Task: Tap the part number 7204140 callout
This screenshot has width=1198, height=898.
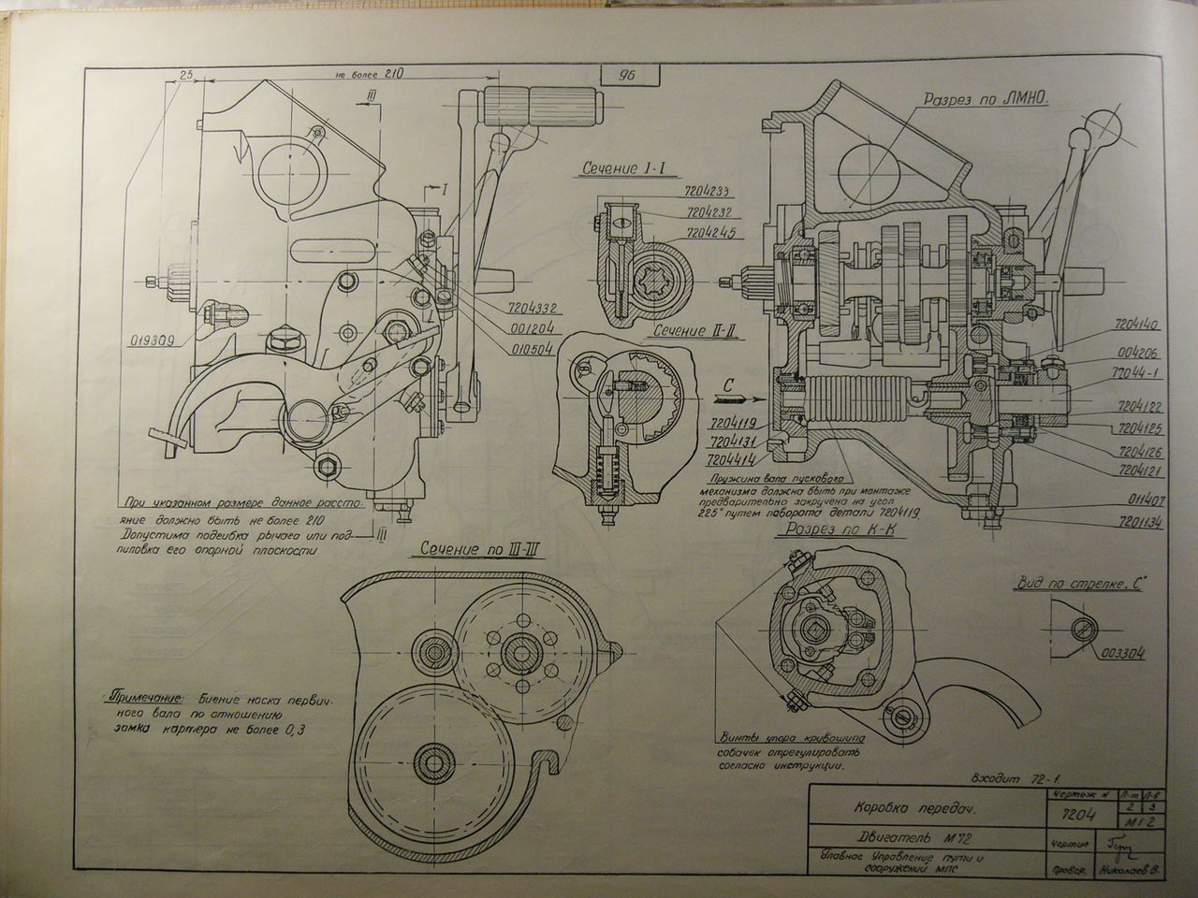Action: click(1138, 327)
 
